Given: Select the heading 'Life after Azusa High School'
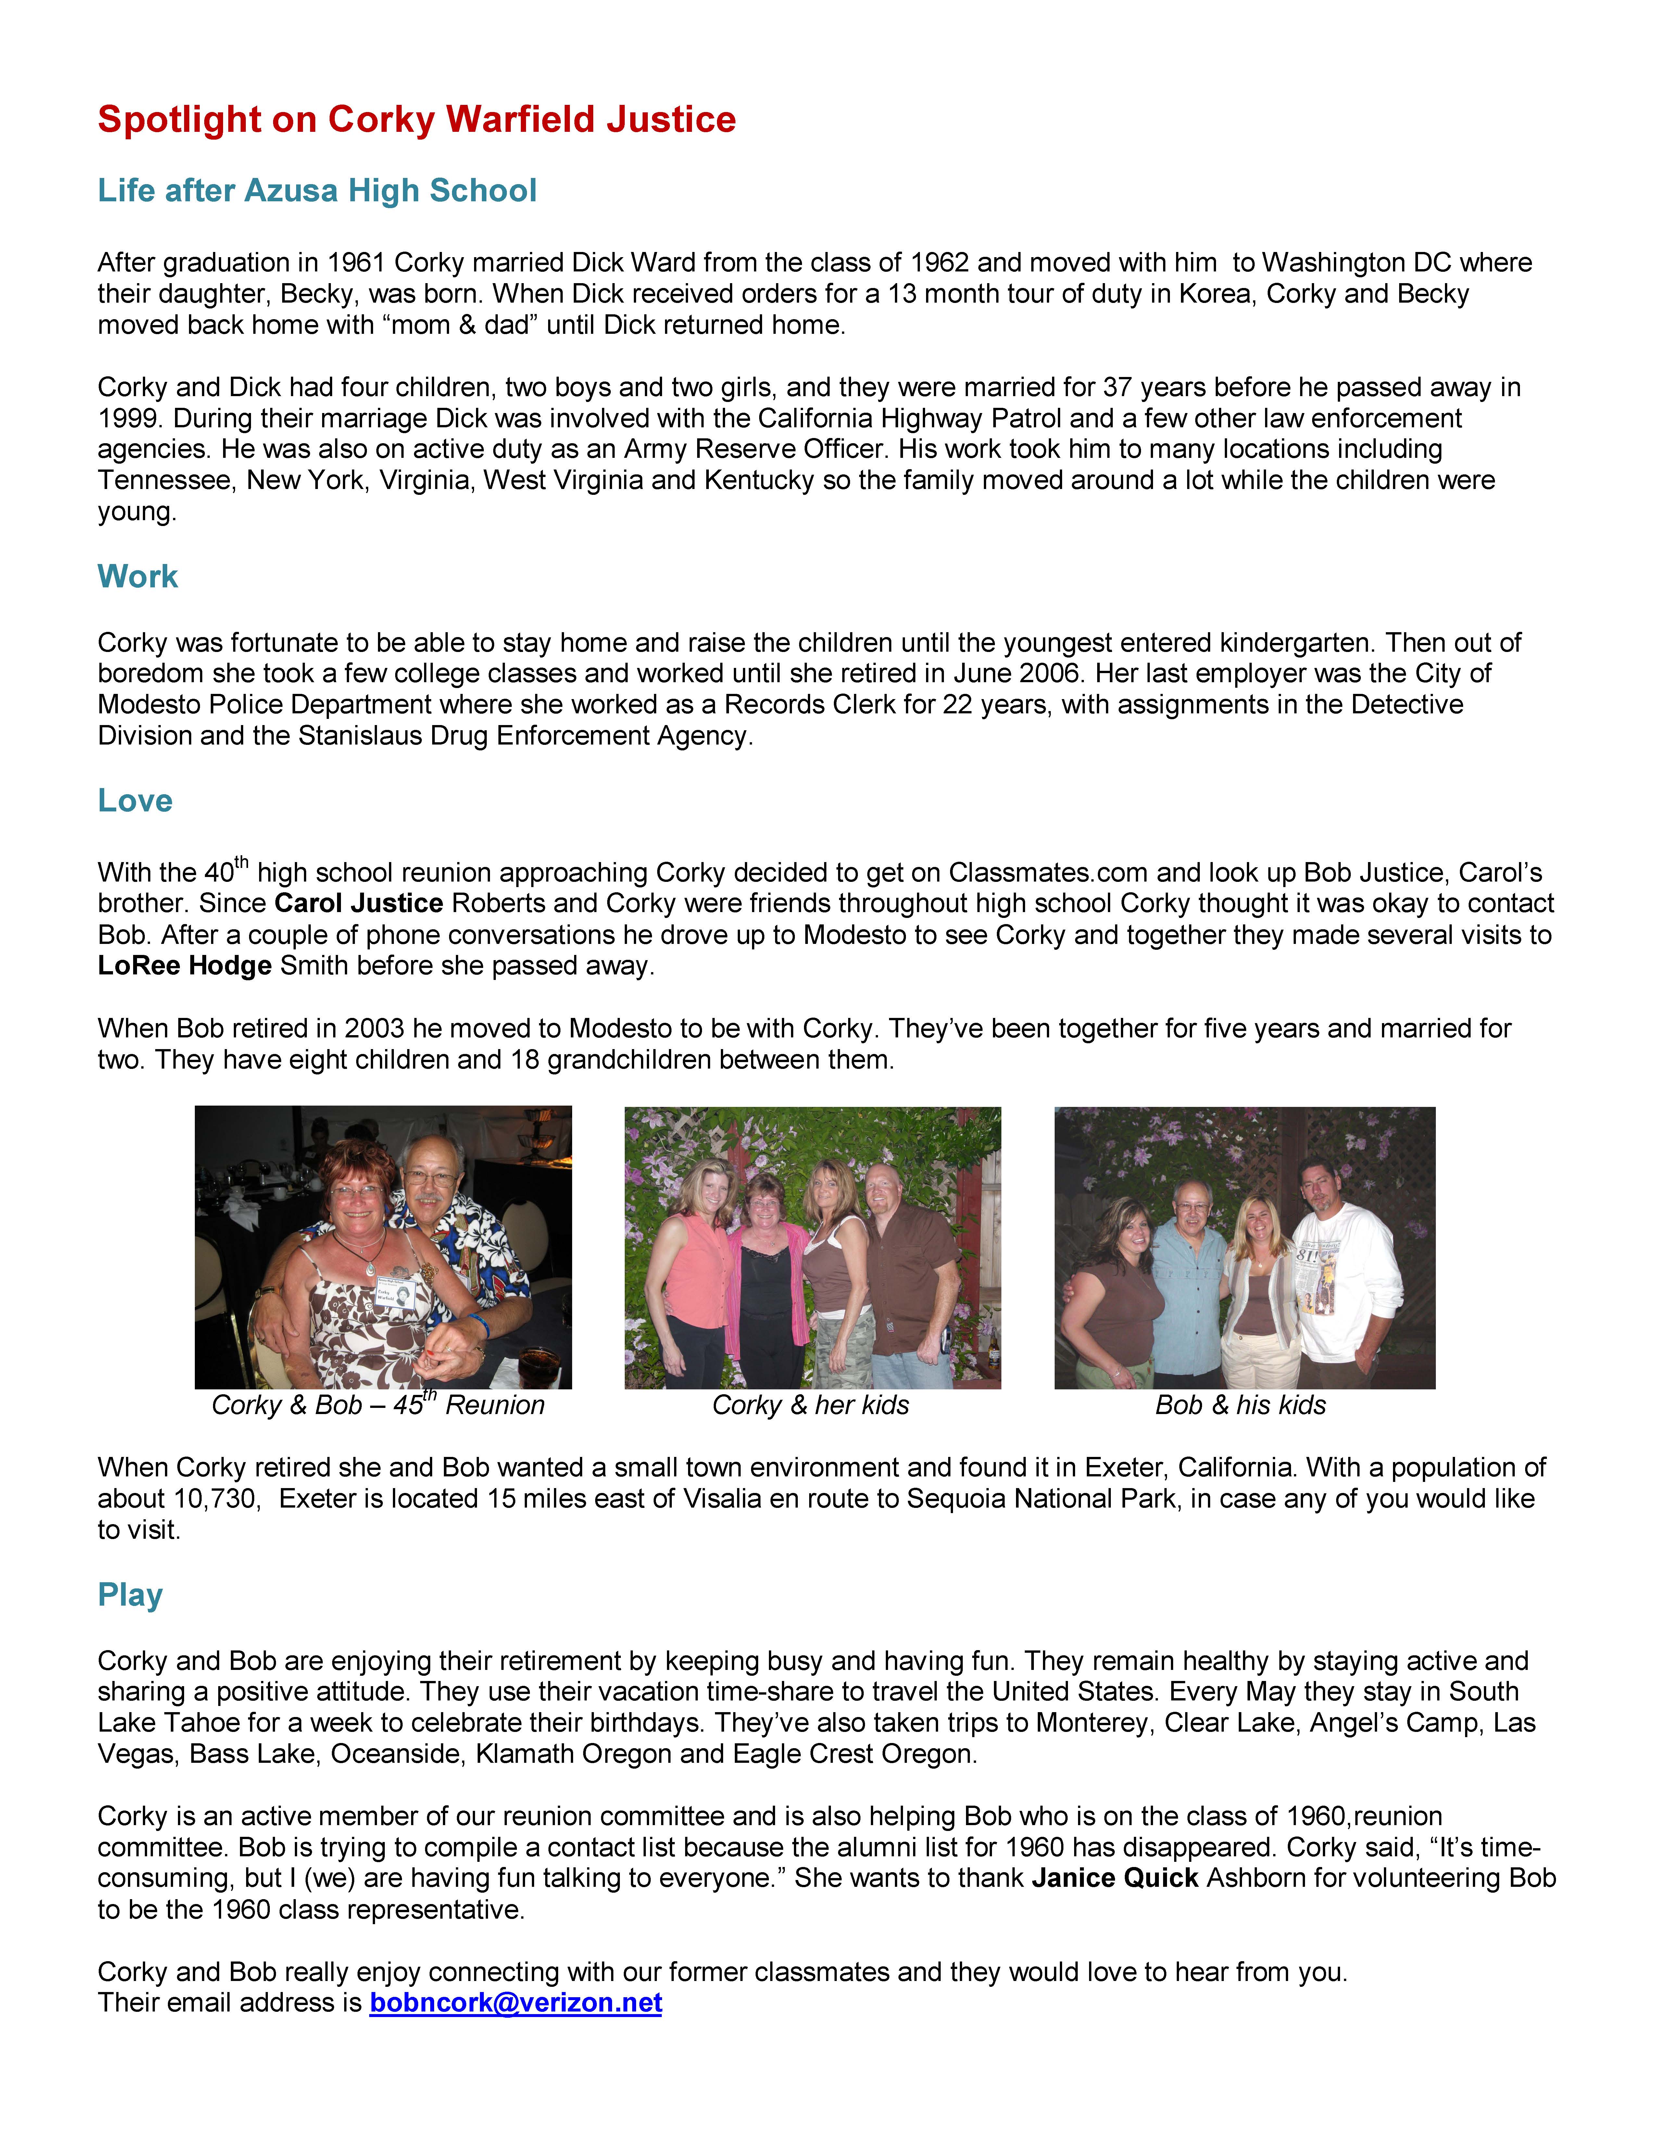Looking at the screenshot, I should point(317,190).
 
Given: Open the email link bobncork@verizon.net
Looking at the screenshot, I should point(515,2003).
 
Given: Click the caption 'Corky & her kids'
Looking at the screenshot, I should point(810,1405).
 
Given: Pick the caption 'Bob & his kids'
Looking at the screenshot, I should point(1240,1405).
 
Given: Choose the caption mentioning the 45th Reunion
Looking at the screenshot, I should point(378,1405).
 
